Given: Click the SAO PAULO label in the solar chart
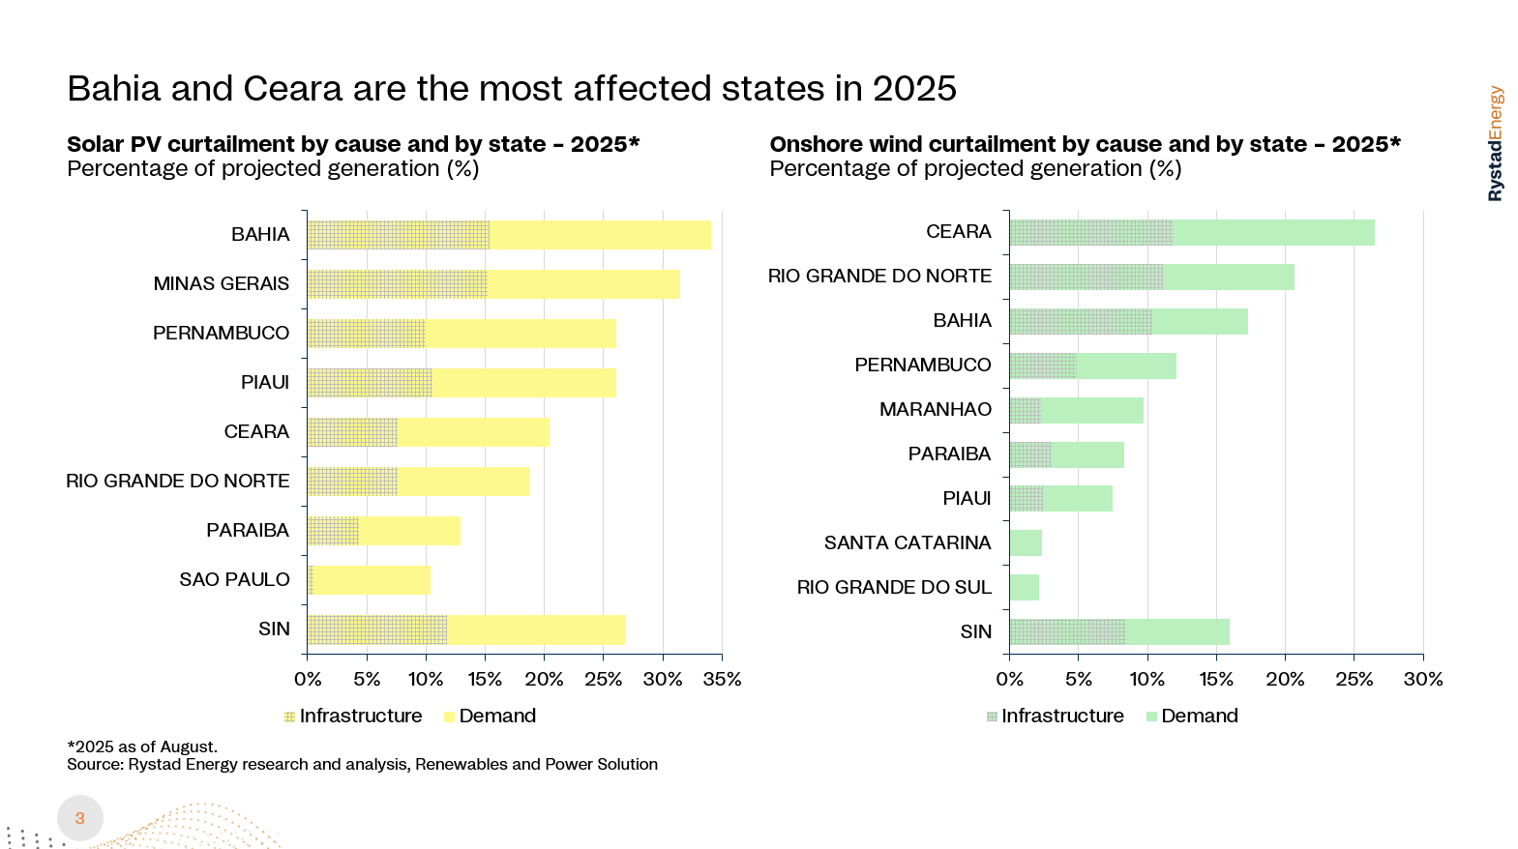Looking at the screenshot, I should click(234, 579).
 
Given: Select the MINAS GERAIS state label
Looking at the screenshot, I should click(221, 283).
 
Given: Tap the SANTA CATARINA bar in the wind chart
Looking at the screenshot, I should click(1026, 543).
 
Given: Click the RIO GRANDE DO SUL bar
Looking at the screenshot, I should click(1024, 588).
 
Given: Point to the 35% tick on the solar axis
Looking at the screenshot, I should click(722, 679).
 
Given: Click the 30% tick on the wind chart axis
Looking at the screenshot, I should click(1423, 679).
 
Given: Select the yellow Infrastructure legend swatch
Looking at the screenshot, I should click(289, 717).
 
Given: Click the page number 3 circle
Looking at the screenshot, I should click(80, 818).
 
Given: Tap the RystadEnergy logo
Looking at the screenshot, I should click(1496, 143).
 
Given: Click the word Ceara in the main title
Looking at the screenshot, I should click(293, 89).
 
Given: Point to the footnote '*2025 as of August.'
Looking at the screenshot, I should click(142, 747).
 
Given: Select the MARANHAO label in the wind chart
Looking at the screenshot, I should click(935, 409).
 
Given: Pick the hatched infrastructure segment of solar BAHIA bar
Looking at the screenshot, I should click(398, 235).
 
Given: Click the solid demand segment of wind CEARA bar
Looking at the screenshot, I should click(1273, 233).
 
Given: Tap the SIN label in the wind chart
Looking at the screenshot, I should click(975, 631).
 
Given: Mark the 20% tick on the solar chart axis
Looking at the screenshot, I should click(544, 679).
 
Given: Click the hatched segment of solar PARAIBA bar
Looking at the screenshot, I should click(333, 531).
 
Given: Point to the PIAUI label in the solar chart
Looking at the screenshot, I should click(265, 382).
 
